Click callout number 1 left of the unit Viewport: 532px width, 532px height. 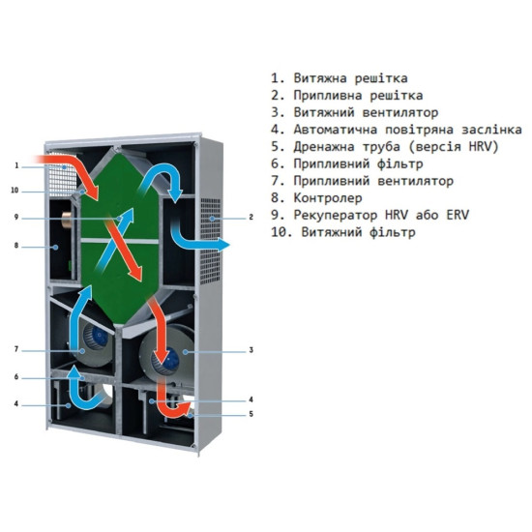tap(16, 166)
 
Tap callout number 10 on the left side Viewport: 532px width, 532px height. tap(15, 191)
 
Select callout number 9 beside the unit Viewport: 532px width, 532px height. tap(16, 217)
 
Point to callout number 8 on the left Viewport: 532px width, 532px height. tap(16, 246)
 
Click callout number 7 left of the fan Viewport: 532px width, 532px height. tap(16, 349)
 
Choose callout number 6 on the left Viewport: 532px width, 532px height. tap(16, 377)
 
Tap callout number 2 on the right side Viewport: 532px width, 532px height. tap(251, 217)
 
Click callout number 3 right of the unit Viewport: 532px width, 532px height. tap(251, 350)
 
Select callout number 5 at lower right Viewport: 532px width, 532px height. tap(251, 414)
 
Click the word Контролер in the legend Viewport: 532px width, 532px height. tap(328, 197)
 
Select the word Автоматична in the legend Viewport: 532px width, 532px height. tap(336, 130)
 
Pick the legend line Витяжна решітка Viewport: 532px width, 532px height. tap(350, 78)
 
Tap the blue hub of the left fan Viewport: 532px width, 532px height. tap(100, 336)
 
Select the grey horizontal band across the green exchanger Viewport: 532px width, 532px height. tap(120, 241)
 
